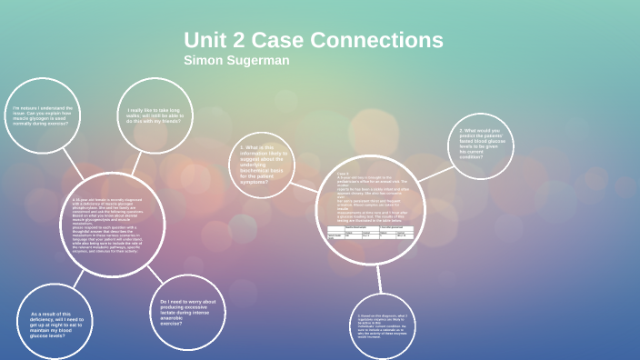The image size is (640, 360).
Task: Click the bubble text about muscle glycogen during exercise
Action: tap(43, 115)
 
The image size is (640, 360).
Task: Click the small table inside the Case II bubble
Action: tap(371, 232)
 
